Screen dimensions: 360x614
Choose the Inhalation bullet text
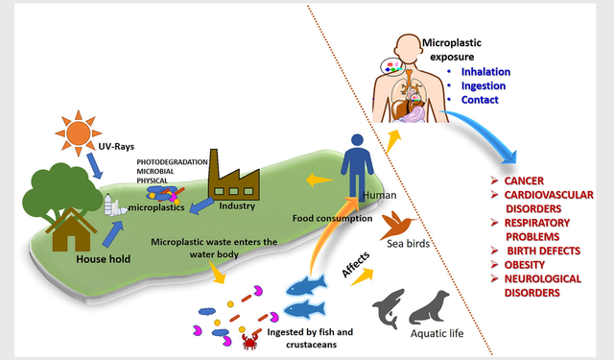485,70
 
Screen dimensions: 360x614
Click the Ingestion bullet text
484,84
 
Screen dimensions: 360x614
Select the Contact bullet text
480,99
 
